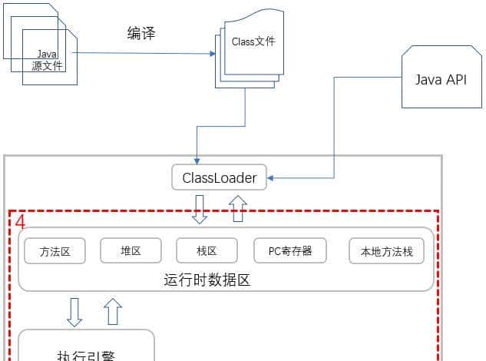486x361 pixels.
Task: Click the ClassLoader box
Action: point(219,178)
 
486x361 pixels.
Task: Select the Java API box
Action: point(440,79)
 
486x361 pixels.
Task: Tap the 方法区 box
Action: point(55,250)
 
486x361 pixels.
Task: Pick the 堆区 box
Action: point(131,250)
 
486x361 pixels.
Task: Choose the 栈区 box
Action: point(207,250)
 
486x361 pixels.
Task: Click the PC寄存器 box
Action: point(289,250)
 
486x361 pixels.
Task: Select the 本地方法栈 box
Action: point(386,250)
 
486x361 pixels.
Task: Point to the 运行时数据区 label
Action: point(207,280)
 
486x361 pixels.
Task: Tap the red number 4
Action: point(20,223)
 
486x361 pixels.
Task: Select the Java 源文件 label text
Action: point(48,61)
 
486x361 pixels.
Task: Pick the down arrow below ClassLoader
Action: point(200,209)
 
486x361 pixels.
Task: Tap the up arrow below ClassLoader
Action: point(237,209)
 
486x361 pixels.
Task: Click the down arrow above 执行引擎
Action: point(74,311)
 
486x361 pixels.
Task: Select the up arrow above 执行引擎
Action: point(113,311)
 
